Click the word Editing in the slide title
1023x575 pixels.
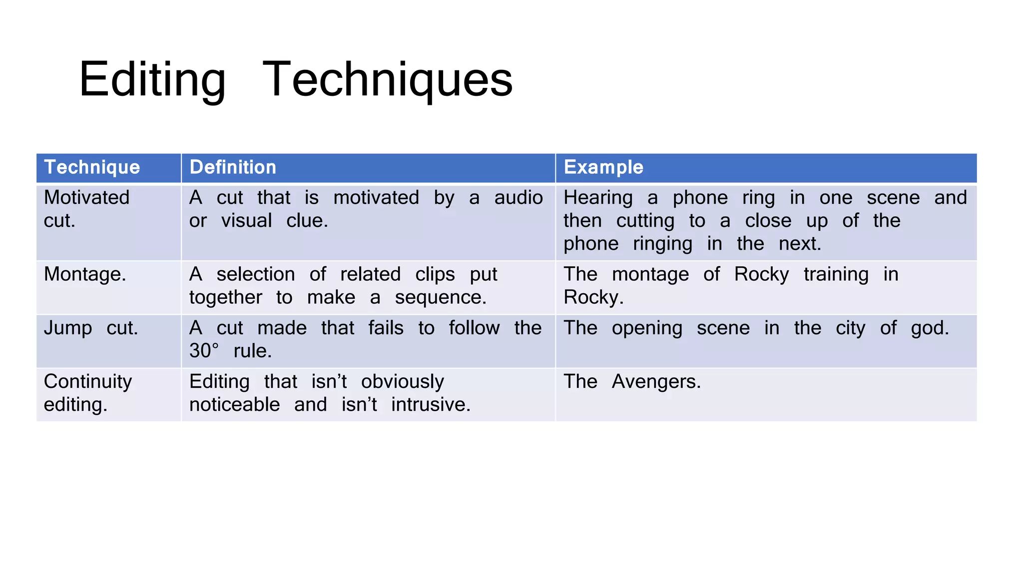(152, 80)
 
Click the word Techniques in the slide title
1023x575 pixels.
(387, 80)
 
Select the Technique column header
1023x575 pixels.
(92, 167)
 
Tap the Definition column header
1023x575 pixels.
(233, 167)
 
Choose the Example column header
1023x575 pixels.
(603, 167)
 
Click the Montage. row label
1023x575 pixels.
(85, 274)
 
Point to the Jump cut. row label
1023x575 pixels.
(91, 328)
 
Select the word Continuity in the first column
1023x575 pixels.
(88, 382)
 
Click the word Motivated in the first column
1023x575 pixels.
(86, 198)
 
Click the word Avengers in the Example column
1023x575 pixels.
(656, 382)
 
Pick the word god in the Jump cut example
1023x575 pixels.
(929, 328)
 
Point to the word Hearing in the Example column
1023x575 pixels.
(598, 198)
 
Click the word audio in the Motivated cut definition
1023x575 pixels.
(518, 198)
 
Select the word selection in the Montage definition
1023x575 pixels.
(256, 274)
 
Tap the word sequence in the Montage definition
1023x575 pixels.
(440, 297)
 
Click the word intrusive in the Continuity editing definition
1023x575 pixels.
(430, 405)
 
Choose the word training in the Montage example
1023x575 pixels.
(836, 275)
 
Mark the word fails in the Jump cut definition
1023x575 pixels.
(386, 328)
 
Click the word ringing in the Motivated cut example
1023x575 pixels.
(662, 244)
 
